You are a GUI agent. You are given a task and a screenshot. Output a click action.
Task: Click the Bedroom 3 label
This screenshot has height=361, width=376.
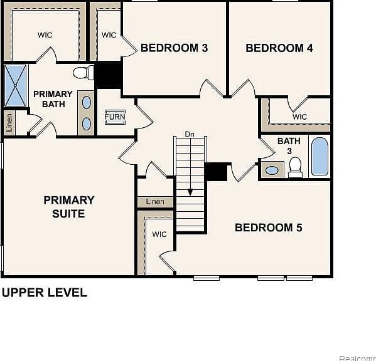pos(174,48)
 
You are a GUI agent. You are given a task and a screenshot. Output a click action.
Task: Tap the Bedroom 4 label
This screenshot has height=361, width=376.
pos(279,48)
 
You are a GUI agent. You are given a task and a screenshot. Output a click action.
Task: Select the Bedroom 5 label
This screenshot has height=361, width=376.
pos(269,228)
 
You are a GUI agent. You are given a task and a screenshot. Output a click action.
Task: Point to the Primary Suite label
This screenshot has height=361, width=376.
pos(69,207)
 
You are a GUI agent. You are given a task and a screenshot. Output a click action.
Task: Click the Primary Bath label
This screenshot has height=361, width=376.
pos(53,99)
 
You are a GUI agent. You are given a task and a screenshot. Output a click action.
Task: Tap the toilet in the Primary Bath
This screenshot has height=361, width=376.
pos(83,72)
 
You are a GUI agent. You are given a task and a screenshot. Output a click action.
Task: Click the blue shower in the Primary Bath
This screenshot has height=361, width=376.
pos(16,85)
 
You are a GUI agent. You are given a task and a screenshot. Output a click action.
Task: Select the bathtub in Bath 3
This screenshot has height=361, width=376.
pos(320,157)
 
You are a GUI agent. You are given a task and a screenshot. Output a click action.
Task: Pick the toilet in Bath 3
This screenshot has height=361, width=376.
pos(295,167)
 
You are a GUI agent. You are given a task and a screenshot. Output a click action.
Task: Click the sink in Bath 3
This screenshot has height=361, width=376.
pos(272,170)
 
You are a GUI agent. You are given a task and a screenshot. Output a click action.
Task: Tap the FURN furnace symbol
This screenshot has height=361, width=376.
pos(115,117)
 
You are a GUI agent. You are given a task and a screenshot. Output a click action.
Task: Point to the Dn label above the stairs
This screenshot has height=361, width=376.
pos(190,134)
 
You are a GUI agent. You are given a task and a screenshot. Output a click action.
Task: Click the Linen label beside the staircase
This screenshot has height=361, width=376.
pos(155,202)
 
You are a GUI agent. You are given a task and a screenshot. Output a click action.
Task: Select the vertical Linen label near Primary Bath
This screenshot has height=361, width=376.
pos(9,123)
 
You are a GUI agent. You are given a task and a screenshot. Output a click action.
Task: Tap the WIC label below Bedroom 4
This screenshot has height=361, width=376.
pos(300,117)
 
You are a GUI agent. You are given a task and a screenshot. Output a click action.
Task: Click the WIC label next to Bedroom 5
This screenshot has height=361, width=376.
pos(159,234)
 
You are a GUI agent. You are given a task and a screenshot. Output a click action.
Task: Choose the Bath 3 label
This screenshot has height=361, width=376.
pos(289,146)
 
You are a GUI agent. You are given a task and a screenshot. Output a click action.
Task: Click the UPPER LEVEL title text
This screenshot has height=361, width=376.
pos(45,293)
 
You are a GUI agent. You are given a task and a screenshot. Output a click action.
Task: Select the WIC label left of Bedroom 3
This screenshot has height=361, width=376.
pos(109,35)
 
